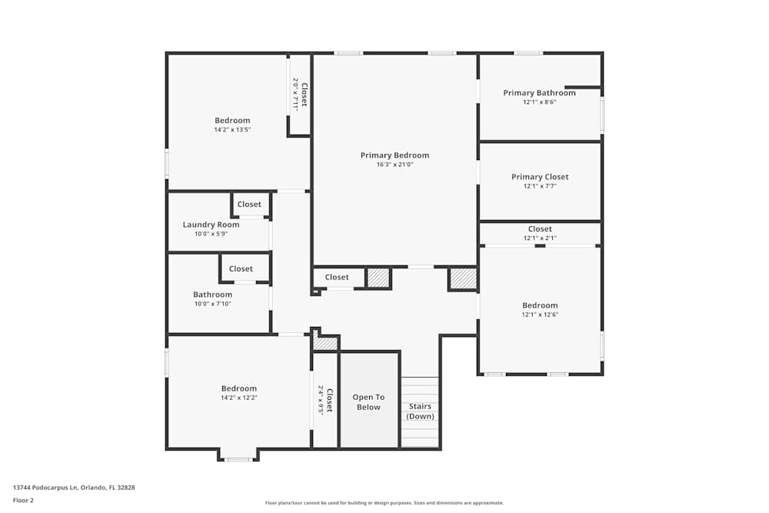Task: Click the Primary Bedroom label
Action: pos(394,155)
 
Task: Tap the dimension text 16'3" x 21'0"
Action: pos(394,165)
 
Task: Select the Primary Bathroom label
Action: pos(540,93)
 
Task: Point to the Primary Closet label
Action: pos(540,177)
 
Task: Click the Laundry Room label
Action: pos(211,225)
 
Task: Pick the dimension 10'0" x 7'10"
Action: pos(212,304)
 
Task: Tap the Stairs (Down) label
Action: pos(421,411)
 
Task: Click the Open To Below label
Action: pos(368,402)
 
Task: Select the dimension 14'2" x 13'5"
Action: pos(232,130)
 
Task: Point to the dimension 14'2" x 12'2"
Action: pos(239,398)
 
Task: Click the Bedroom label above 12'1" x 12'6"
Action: pos(540,305)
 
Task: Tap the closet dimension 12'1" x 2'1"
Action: pos(540,238)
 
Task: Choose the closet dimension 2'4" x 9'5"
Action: pos(320,400)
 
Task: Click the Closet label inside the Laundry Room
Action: pos(249,204)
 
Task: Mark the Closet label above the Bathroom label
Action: pos(241,268)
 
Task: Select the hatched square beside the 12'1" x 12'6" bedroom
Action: pos(463,278)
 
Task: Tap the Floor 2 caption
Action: pos(23,500)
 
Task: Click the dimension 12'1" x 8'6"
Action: pos(540,102)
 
